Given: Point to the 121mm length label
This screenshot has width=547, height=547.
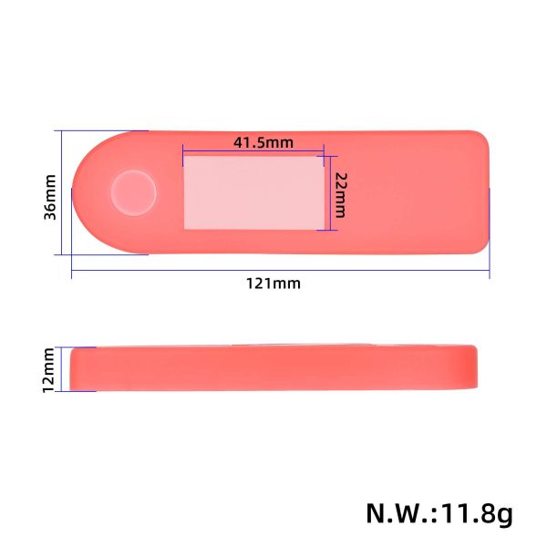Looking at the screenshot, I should click(273, 284).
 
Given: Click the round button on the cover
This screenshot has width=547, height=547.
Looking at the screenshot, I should click(133, 191).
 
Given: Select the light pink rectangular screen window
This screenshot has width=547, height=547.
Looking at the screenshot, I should click(253, 192).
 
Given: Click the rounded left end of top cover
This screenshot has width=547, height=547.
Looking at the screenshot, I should click(87, 191).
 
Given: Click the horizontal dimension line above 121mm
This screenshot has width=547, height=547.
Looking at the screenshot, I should click(273, 271).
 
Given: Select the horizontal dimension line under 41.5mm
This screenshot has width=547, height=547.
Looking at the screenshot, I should click(253, 151).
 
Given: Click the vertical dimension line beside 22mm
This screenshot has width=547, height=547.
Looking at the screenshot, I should click(328, 192).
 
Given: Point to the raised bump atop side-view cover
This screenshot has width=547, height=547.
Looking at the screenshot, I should click(301, 345).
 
